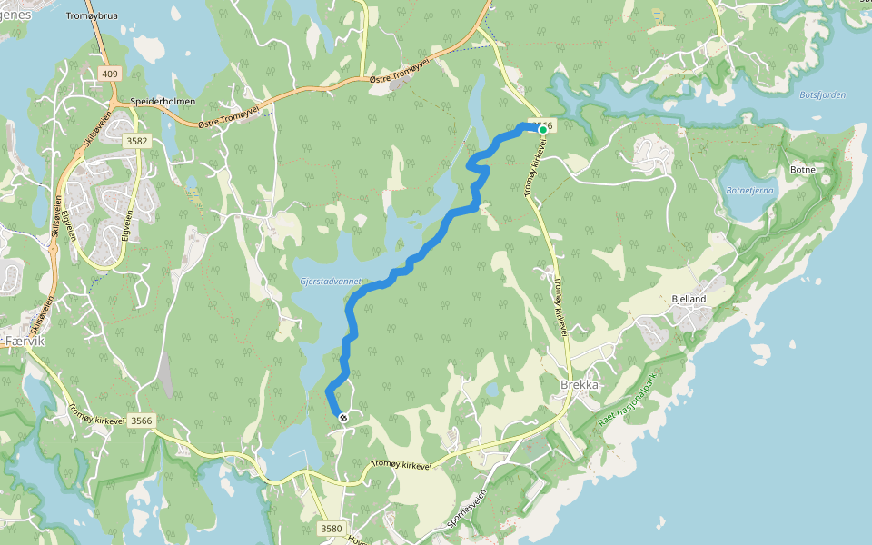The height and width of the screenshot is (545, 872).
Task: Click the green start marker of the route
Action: point(543,130)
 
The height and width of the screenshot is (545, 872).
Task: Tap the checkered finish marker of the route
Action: point(342,418)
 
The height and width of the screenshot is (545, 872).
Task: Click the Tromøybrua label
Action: point(92,16)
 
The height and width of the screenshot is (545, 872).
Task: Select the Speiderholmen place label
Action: point(156,102)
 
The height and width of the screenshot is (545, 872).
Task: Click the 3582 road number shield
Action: point(136,140)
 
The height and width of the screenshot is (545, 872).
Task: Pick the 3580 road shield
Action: point(332,528)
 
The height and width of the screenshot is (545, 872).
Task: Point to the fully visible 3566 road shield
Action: point(141,421)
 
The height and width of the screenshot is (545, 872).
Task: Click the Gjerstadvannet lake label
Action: point(330,282)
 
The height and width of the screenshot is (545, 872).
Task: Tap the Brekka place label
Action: point(580,384)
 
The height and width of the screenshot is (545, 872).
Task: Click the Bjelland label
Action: point(689,299)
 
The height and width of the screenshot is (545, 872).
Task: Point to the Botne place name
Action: point(803,170)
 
